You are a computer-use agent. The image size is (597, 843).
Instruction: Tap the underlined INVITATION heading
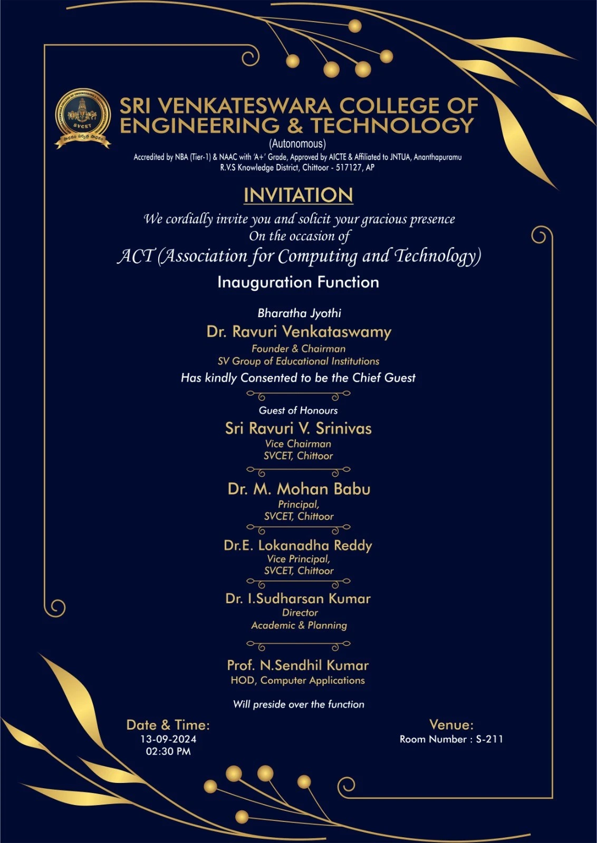tap(298, 195)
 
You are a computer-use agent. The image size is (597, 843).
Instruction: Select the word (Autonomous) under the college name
tap(297, 144)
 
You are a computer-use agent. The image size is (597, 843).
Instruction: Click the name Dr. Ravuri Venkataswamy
tap(298, 332)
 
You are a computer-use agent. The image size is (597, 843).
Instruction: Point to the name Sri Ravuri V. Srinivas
tap(298, 428)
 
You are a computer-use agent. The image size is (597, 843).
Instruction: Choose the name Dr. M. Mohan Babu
tap(299, 489)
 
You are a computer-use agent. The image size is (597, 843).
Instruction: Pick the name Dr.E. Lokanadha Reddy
tap(298, 545)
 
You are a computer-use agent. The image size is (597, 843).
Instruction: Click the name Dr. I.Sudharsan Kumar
tap(298, 599)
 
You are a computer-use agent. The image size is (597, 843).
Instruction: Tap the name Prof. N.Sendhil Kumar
tap(298, 665)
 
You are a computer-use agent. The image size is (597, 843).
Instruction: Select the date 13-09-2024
tap(168, 739)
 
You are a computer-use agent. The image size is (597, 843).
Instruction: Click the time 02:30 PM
tap(168, 751)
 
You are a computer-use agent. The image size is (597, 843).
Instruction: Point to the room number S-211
tap(489, 739)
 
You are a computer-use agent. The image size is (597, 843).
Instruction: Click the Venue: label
tap(451, 725)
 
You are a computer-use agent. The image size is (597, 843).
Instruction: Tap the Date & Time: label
tap(168, 725)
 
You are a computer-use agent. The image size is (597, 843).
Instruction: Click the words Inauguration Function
tap(298, 282)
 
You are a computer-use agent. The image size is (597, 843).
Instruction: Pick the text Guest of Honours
tap(298, 410)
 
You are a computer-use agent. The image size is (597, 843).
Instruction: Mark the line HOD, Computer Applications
tap(297, 681)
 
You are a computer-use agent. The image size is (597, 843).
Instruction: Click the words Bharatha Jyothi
tap(299, 313)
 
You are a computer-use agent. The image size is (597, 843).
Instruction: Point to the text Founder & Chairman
tap(298, 349)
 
